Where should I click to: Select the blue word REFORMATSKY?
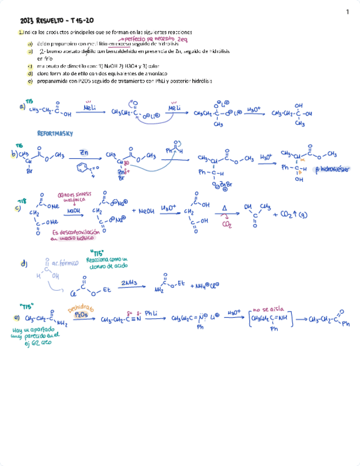[x=55, y=134]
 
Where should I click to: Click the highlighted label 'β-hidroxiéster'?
[x=333, y=170]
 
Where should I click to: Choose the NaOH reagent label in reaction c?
[x=73, y=210]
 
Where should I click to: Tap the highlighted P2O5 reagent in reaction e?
[x=80, y=315]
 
